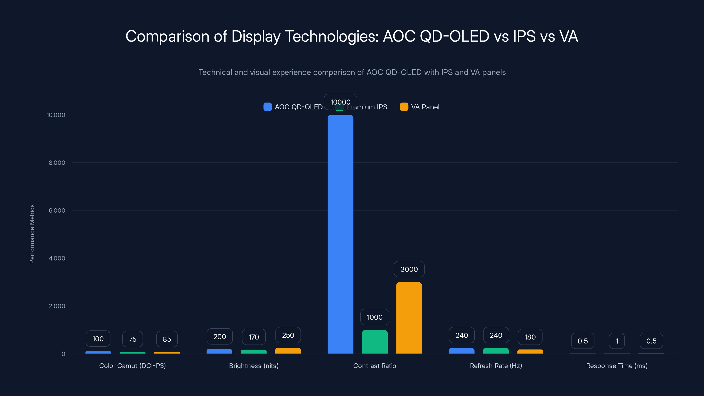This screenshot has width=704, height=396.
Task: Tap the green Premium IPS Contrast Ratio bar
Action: coord(374,342)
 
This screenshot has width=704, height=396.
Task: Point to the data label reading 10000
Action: coord(340,102)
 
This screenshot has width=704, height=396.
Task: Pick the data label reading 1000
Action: coord(374,317)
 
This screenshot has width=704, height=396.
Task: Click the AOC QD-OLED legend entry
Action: coord(293,107)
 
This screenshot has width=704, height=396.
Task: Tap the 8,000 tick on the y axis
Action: coord(57,163)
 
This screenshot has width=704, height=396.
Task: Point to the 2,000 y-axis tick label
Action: coord(57,306)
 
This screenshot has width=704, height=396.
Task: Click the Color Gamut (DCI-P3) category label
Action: coord(132,366)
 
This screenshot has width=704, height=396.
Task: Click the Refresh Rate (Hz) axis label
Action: coord(496,366)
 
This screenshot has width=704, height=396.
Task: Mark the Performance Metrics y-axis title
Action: coord(32,234)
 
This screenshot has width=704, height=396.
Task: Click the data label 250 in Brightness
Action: coord(288,335)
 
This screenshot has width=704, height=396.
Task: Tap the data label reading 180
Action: coord(530,337)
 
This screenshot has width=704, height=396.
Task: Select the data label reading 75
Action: coord(132,339)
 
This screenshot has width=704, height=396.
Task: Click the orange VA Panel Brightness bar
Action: coord(288,351)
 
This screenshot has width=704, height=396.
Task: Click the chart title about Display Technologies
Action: coord(352,36)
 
